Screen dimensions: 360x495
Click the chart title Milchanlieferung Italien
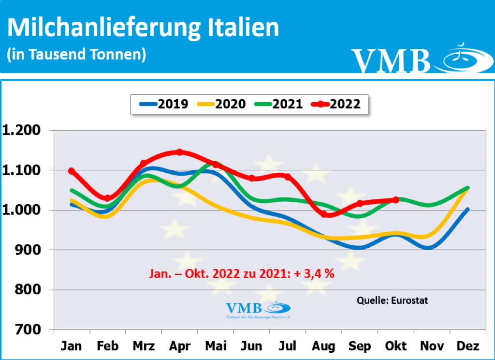[x=143, y=28]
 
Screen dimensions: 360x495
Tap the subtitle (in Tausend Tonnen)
[x=76, y=54]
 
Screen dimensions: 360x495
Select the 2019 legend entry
[x=164, y=104]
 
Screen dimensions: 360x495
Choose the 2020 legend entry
[x=222, y=104]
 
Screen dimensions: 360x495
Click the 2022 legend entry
[x=336, y=104]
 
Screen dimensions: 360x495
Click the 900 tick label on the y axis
[x=30, y=250]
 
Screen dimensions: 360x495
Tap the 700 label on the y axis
[x=30, y=330]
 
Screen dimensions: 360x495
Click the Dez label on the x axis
[x=467, y=346]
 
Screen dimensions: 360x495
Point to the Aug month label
[x=323, y=346]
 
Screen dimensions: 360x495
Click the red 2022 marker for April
[x=180, y=152]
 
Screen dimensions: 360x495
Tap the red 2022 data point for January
[x=72, y=171]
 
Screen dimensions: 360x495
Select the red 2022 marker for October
[x=396, y=200]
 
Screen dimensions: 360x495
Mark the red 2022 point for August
[x=324, y=214]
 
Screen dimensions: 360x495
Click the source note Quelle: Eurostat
[x=392, y=300]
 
